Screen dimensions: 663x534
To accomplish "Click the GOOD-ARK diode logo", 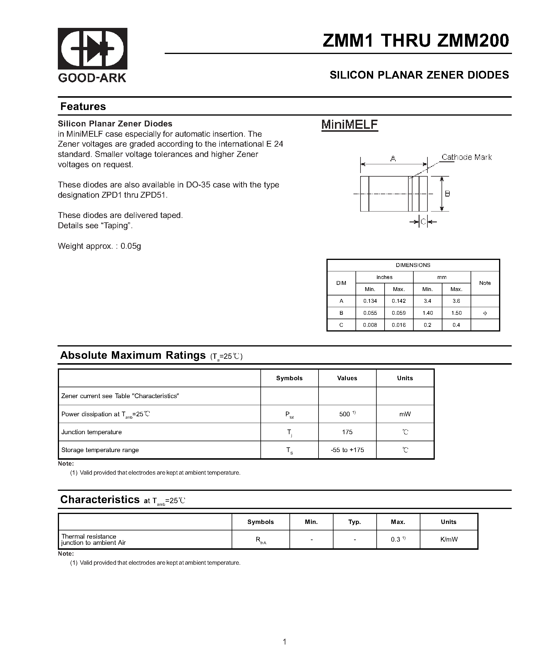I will coord(92,49).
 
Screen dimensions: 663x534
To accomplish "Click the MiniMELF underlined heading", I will coord(349,125).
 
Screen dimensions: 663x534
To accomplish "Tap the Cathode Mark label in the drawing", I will coord(466,157).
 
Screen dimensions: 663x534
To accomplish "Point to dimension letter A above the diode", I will coord(393,159).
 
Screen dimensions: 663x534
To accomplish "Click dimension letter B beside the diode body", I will coord(447,194).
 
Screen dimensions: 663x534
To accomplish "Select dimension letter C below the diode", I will coord(423,222).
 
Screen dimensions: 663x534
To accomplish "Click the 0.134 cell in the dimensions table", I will coord(370,301).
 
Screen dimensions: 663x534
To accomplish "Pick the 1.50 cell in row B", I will coord(456,313).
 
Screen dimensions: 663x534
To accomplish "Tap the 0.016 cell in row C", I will coord(399,325).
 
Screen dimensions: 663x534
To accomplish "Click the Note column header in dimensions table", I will coord(485,283).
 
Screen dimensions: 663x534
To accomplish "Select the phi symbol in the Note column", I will coord(485,313).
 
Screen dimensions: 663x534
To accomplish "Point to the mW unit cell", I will coord(405,414).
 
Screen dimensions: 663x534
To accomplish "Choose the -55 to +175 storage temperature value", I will coord(347,450).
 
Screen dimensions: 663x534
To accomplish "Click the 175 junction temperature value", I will coord(347,432).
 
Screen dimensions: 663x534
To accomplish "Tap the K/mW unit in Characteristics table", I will coord(449,539).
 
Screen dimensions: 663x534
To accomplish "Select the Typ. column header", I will coord(355,522).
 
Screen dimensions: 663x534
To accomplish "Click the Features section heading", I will coord(83,106).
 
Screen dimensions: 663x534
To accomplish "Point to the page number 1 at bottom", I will coord(284,642).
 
